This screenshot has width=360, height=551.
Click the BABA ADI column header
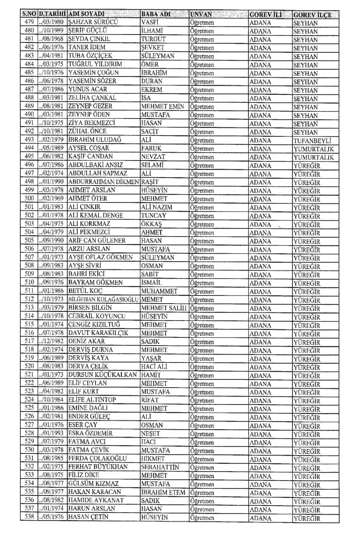pyautogui.click(x=156, y=15)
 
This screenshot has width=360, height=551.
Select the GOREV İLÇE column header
pyautogui.click(x=312, y=15)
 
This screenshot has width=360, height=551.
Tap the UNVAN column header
pyautogui.click(x=201, y=15)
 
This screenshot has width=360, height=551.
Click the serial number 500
pyautogui.click(x=29, y=198)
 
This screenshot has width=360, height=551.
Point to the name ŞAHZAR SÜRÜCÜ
pyautogui.click(x=93, y=22)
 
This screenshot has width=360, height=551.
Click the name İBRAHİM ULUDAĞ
pyautogui.click(x=95, y=140)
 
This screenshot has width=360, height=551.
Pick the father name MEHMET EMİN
pyautogui.click(x=163, y=106)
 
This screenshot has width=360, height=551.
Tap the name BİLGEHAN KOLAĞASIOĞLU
pyautogui.click(x=103, y=299)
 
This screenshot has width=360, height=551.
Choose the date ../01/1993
pyautogui.click(x=51, y=433)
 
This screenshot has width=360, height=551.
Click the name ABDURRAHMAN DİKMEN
pyautogui.click(x=103, y=182)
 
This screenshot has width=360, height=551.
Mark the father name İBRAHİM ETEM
pyautogui.click(x=163, y=492)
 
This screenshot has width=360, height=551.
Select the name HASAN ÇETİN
pyautogui.click(x=88, y=517)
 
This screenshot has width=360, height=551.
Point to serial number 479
pyautogui.click(x=29, y=22)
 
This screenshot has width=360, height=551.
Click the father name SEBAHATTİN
pyautogui.click(x=160, y=467)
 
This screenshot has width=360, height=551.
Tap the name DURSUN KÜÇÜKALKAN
pyautogui.click(x=103, y=375)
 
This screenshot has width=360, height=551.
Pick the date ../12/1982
pyautogui.click(x=51, y=341)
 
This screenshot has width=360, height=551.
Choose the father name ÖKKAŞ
pyautogui.click(x=151, y=224)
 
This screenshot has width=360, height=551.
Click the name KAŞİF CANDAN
pyautogui.click(x=91, y=157)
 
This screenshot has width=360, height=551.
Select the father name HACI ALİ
pyautogui.click(x=154, y=367)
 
